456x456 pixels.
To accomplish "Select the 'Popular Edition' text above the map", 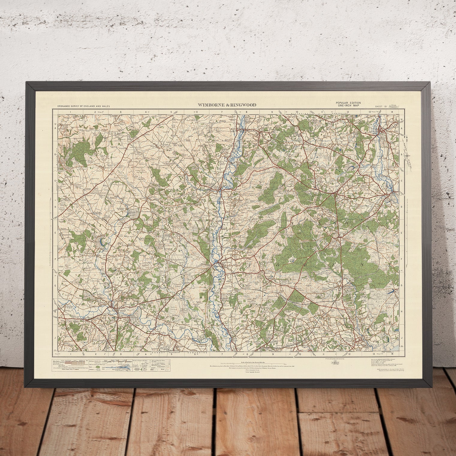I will pos(349,103).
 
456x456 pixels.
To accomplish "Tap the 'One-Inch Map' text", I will pos(349,106).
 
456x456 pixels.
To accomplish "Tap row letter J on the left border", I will pos(55,337).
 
